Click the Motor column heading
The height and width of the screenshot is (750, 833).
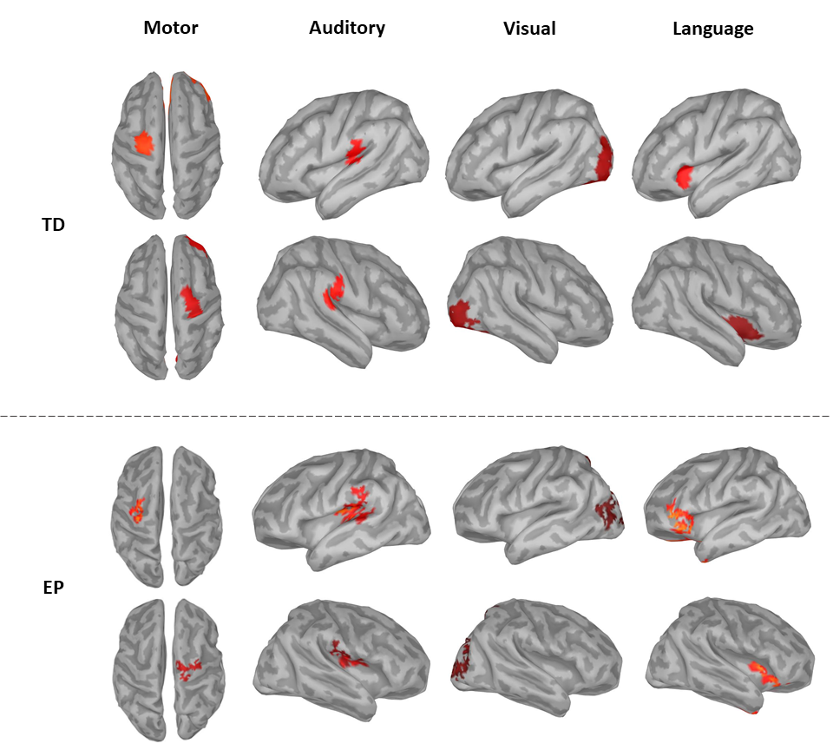(x=171, y=28)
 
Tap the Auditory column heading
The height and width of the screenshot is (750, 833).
(x=347, y=28)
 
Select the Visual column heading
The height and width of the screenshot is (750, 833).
(x=529, y=29)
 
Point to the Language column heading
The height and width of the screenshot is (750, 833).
(x=712, y=29)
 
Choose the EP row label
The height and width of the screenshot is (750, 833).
(x=54, y=588)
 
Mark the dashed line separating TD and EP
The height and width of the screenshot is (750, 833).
(x=416, y=417)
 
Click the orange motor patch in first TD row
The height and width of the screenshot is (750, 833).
(x=142, y=143)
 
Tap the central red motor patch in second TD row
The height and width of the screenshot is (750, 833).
(x=190, y=300)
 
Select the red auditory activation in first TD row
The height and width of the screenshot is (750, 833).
(x=354, y=153)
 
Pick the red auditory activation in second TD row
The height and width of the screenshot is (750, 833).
(x=333, y=292)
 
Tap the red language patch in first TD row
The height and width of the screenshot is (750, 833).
(x=685, y=177)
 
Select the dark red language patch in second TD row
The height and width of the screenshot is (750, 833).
(x=744, y=326)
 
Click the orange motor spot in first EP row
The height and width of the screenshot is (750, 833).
(x=137, y=510)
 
